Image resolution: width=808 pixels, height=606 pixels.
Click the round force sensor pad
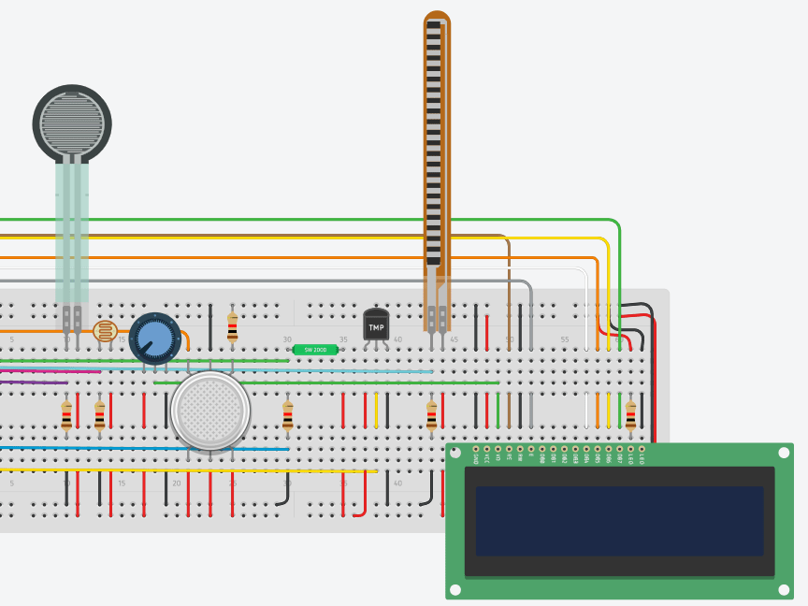point(72,123)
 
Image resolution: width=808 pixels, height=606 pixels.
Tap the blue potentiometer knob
point(154,339)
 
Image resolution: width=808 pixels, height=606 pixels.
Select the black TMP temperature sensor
point(376,325)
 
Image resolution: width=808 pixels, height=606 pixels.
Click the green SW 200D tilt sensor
point(315,350)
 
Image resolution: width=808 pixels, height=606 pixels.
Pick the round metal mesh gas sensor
point(210,411)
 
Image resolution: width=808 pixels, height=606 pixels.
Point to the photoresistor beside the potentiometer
point(105,331)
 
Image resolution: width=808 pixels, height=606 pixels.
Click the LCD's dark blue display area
point(619,521)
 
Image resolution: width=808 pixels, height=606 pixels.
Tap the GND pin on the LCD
point(476,450)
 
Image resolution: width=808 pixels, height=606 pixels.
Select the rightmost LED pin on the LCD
point(642,450)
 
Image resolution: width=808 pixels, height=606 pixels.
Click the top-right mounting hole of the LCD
point(784,453)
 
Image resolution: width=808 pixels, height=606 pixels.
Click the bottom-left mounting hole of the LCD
point(455,590)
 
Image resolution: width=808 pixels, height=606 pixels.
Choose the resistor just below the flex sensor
point(431,414)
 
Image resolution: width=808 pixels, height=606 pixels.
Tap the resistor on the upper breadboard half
point(232,325)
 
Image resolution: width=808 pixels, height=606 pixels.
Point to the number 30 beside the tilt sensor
point(287,339)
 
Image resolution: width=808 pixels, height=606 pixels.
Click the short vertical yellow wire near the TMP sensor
point(376,410)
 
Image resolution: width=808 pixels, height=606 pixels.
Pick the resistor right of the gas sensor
point(287,414)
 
